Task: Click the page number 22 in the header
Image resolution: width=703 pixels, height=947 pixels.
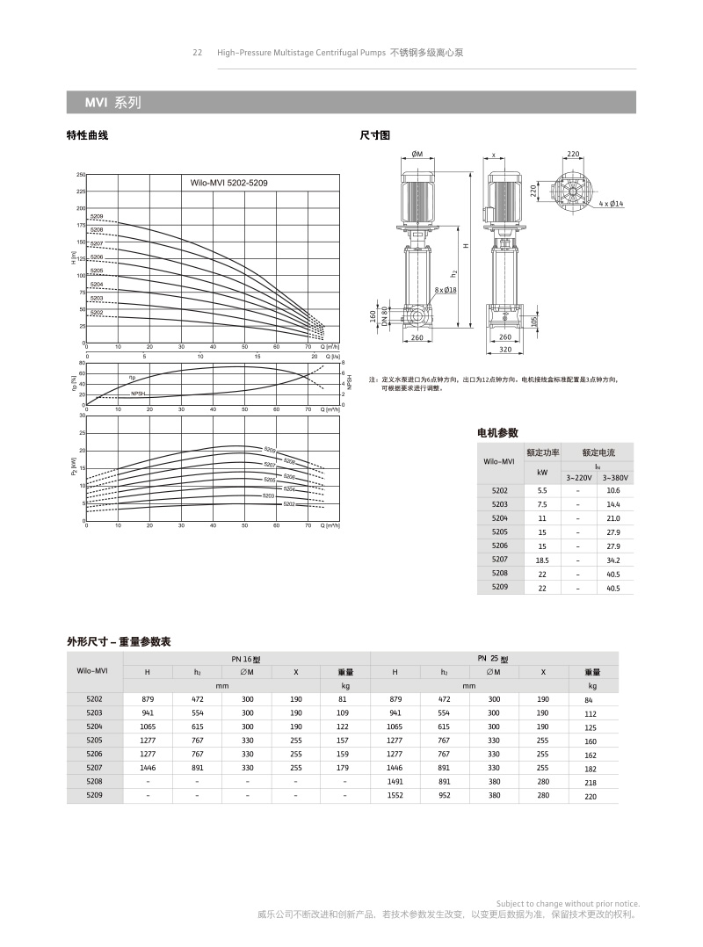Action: pos(198,53)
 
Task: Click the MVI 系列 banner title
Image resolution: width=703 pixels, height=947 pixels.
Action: pos(112,103)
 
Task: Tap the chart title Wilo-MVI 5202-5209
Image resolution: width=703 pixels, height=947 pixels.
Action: pos(224,183)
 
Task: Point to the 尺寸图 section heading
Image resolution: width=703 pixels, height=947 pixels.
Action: pos(375,135)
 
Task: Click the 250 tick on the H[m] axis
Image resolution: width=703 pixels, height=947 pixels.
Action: pos(81,175)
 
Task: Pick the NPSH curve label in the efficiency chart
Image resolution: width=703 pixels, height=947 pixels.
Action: pos(138,394)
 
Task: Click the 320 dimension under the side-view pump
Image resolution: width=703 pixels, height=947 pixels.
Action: pos(504,350)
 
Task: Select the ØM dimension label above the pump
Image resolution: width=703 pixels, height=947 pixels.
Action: pos(417,154)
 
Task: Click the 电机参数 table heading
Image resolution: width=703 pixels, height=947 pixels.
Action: pos(497,432)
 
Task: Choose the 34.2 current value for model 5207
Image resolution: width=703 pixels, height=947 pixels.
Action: pos(612,559)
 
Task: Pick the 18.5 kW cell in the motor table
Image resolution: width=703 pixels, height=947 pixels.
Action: pos(542,559)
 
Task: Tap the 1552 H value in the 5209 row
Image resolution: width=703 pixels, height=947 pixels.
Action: pos(395,795)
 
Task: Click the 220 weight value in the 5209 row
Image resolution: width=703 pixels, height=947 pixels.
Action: pos(591,797)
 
